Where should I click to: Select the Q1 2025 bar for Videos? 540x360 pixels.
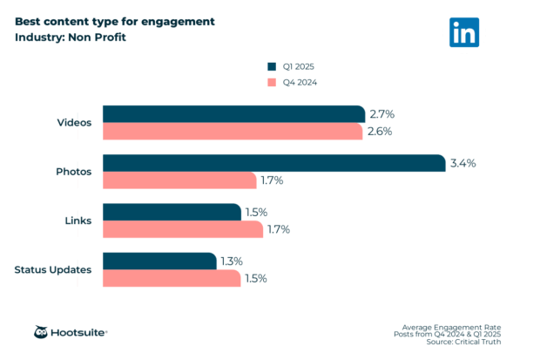click(233, 114)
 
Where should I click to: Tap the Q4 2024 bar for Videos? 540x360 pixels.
click(233, 132)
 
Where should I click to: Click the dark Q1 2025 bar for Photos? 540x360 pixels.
click(274, 163)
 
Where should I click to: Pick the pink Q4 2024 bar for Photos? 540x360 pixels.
click(179, 180)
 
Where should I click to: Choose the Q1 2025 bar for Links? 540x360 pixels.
click(172, 212)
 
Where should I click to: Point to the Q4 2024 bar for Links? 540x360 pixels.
click(183, 229)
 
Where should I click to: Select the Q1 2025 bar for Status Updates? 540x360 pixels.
click(159, 261)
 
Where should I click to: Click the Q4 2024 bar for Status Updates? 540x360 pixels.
click(172, 278)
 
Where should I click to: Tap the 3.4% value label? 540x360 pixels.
click(462, 163)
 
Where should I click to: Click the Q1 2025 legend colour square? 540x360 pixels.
click(271, 65)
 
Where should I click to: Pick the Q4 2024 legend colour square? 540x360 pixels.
click(271, 83)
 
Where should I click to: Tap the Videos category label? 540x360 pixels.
click(73, 123)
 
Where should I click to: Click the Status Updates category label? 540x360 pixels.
click(53, 269)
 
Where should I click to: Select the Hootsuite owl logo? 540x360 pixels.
click(42, 332)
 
